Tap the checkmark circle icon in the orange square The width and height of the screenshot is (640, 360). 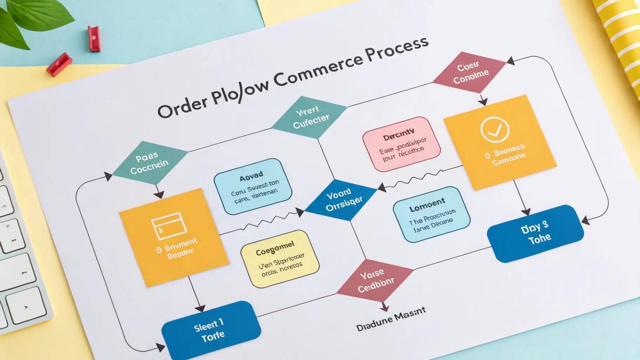pos(495,129)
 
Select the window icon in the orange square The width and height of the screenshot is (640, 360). pos(169,225)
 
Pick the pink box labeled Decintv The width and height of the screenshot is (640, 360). pos(402,144)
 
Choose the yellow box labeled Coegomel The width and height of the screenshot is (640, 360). pos(280,259)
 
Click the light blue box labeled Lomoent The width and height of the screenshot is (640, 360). pos(431,214)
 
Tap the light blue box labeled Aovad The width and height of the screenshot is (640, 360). pos(253,186)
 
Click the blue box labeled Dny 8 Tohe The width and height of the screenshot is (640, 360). pos(535,233)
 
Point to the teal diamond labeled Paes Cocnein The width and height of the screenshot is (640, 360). pos(149,162)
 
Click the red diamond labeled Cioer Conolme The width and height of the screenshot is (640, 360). pos(470,73)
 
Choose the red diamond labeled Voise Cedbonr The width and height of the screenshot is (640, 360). pos(375,280)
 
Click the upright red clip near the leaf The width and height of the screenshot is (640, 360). pos(94,39)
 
